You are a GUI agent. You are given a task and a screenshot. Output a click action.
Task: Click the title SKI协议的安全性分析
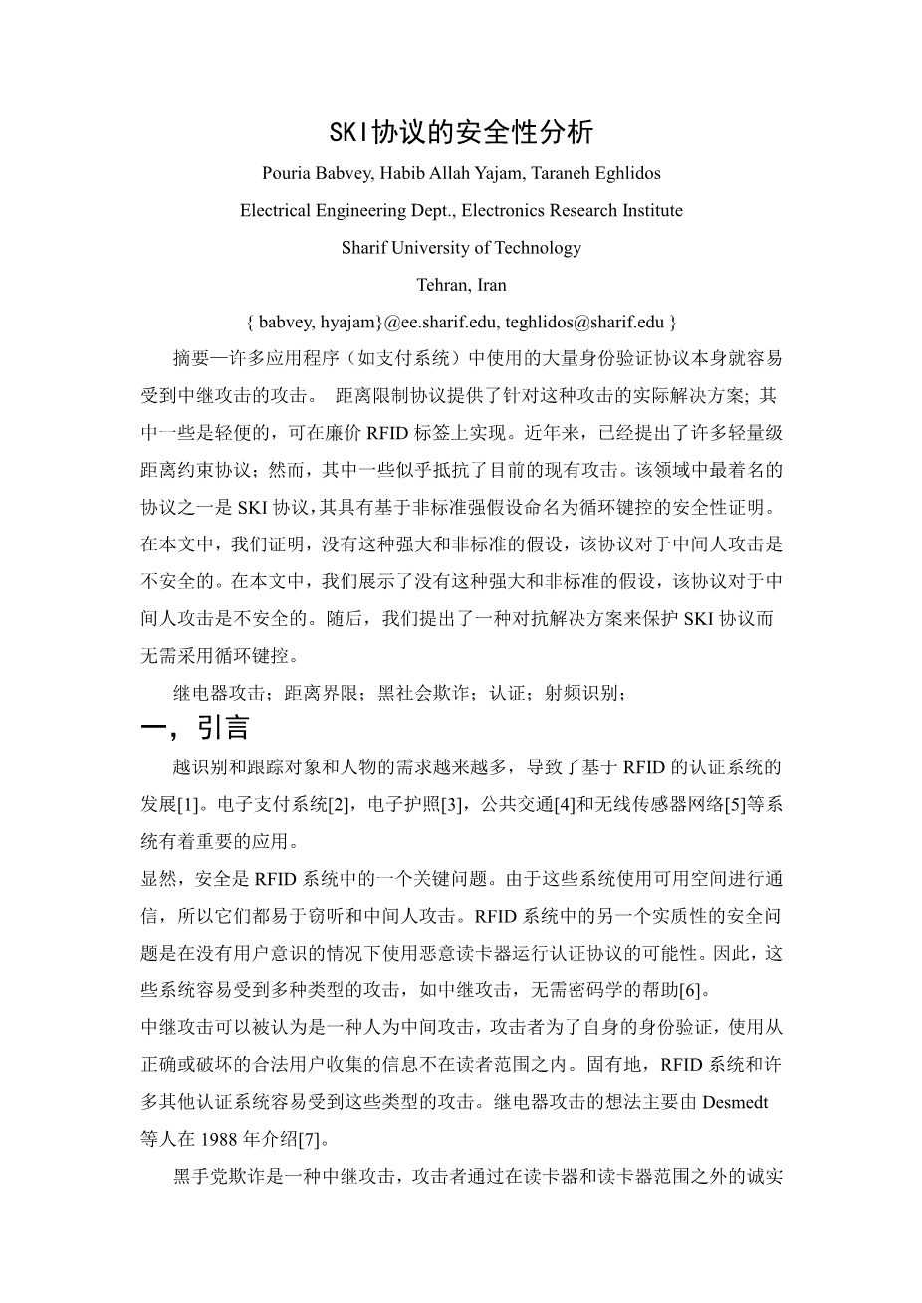461,132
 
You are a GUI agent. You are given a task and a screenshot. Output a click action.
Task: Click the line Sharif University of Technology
461,248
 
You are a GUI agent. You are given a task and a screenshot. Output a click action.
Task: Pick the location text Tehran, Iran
461,285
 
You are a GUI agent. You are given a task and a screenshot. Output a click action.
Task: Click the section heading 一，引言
195,729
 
